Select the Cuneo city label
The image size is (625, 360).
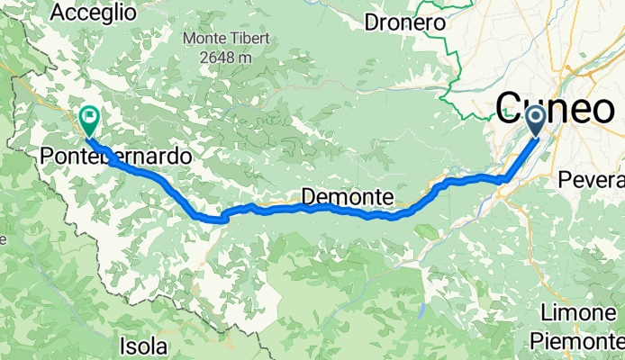555,109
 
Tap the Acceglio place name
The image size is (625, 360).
94,13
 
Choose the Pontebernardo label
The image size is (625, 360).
116,157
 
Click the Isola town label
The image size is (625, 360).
143,345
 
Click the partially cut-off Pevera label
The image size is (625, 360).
592,180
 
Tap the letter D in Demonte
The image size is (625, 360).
310,196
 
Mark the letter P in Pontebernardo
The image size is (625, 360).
47,157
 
